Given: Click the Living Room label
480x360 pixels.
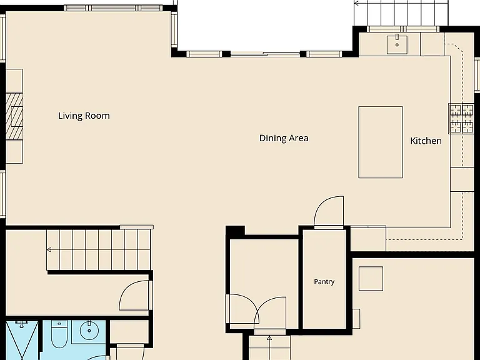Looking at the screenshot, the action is click(84, 116).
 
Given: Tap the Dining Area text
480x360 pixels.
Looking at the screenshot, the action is click(284, 138).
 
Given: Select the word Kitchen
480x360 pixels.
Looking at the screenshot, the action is click(426, 141).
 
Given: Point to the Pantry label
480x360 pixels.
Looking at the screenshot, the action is click(324, 282).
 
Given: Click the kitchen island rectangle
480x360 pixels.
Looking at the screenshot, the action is click(381, 142).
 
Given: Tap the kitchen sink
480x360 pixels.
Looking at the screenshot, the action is click(397, 45).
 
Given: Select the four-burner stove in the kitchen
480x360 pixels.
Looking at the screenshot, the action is click(461, 119).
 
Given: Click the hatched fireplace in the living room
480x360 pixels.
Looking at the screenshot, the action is click(14, 116).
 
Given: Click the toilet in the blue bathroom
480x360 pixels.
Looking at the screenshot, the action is click(59, 334).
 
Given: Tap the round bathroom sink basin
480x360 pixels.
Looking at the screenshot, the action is click(89, 331).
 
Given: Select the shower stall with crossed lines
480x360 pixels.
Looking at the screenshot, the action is click(22, 341).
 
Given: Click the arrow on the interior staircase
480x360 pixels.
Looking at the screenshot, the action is click(49, 250).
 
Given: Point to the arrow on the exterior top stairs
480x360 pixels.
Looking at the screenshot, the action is click(357, 4).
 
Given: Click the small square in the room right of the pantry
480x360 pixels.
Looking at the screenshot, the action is click(371, 279).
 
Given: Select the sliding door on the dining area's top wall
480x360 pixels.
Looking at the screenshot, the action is click(265, 54).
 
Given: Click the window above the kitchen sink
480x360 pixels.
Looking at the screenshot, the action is click(403, 29).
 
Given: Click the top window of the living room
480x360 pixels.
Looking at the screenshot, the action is click(113, 8).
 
